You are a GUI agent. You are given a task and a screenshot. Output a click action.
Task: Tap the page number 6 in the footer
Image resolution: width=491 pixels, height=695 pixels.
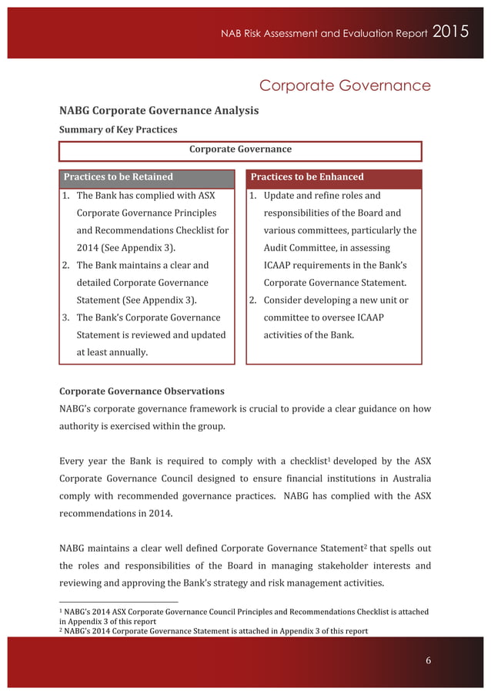(x=429, y=660)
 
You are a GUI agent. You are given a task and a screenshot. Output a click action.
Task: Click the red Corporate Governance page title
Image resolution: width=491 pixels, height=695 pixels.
(x=344, y=85)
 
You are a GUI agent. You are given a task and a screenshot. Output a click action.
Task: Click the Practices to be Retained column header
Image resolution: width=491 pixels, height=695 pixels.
(x=118, y=177)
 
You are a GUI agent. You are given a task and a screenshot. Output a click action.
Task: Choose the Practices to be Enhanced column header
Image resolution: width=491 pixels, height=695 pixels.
(x=307, y=177)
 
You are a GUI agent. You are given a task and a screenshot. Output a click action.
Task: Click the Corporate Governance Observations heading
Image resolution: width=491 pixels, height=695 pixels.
(x=142, y=391)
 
